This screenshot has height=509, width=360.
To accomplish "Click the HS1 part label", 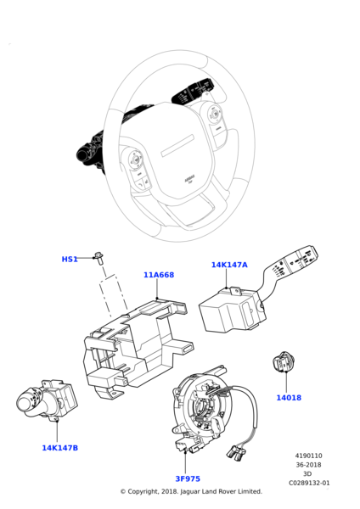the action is (x=70, y=259).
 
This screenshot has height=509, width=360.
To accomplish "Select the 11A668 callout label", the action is (x=159, y=275).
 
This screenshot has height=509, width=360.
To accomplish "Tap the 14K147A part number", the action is (x=229, y=265).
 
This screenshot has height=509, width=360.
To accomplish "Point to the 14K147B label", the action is (x=59, y=448).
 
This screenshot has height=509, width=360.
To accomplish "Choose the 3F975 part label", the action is (x=188, y=478).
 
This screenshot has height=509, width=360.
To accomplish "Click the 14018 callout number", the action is (x=289, y=397).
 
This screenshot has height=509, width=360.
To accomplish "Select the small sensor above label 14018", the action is (x=283, y=361).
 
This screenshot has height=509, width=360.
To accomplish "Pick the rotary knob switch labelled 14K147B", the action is (x=47, y=400).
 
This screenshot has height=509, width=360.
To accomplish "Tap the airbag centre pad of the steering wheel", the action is (x=177, y=156).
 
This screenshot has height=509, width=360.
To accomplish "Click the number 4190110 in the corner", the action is (x=308, y=456).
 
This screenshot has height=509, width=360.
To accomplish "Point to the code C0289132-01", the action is (x=309, y=483).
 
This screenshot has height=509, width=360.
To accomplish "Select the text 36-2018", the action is (x=308, y=465).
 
